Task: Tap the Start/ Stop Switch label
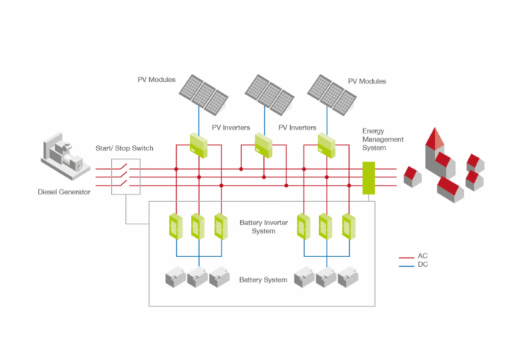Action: (125, 148)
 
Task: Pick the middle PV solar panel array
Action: (267, 92)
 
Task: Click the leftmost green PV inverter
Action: (198, 144)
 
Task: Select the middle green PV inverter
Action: (264, 144)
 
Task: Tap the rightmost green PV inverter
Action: (327, 144)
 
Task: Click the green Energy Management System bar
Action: (368, 178)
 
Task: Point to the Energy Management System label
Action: (383, 139)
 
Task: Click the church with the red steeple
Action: (435, 154)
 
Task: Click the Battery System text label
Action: (262, 280)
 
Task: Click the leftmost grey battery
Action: (175, 278)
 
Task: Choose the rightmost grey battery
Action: (348, 278)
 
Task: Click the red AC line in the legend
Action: (408, 256)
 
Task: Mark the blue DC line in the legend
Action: (408, 265)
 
